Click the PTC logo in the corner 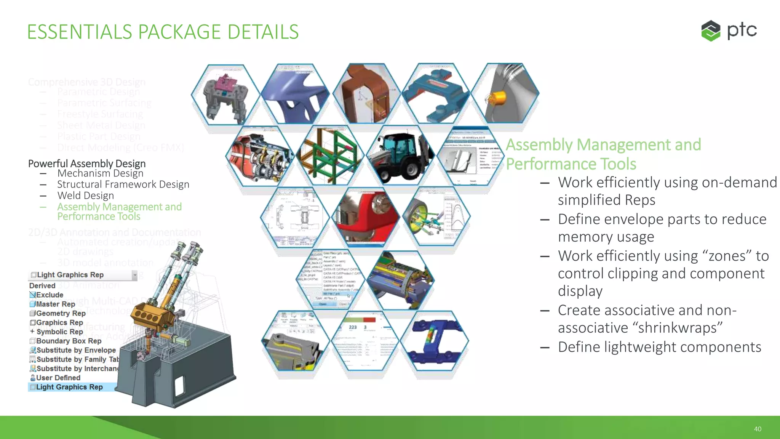tap(728, 30)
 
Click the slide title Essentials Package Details tap(163, 32)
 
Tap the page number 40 tap(758, 429)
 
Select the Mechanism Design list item tap(100, 173)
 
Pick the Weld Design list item tap(86, 195)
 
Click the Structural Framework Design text tap(123, 184)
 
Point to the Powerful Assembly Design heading tap(87, 163)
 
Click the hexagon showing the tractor tap(400, 156)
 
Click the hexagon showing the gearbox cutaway tap(261, 156)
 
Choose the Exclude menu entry tap(50, 295)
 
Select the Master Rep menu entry tap(55, 304)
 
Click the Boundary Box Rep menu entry tap(69, 341)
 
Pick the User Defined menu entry tap(58, 378)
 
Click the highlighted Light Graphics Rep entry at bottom tap(69, 387)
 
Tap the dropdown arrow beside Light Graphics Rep tap(134, 275)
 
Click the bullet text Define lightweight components tap(659, 347)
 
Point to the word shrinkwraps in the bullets tap(640, 328)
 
